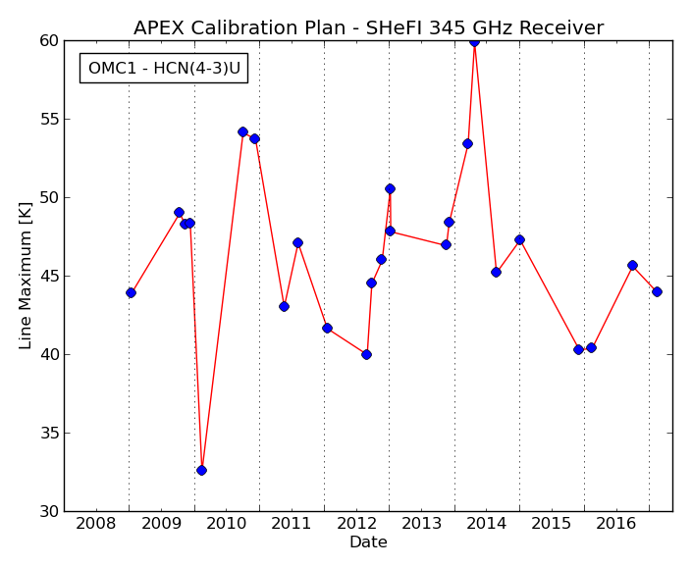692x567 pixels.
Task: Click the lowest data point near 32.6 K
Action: [201, 471]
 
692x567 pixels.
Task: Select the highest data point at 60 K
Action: [474, 41]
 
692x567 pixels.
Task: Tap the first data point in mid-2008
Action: [131, 292]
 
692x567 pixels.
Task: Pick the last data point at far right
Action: [657, 292]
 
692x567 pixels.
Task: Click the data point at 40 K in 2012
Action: [366, 354]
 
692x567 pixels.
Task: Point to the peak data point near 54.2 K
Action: [242, 131]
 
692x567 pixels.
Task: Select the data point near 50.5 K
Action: [390, 189]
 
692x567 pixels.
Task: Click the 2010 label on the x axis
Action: [226, 524]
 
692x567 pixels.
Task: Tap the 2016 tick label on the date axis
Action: [616, 524]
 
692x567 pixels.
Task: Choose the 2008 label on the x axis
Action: [96, 524]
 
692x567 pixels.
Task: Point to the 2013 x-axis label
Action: [421, 524]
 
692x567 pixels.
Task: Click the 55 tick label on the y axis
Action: [49, 120]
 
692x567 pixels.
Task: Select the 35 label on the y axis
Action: [49, 434]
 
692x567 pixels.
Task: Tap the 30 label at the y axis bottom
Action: [49, 512]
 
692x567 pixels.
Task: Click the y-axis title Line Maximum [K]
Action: [26, 276]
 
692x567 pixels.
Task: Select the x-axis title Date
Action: [368, 541]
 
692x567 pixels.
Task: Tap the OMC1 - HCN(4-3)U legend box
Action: [164, 69]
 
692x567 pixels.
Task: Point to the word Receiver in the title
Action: [560, 27]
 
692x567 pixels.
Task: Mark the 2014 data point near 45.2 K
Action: [496, 273]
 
